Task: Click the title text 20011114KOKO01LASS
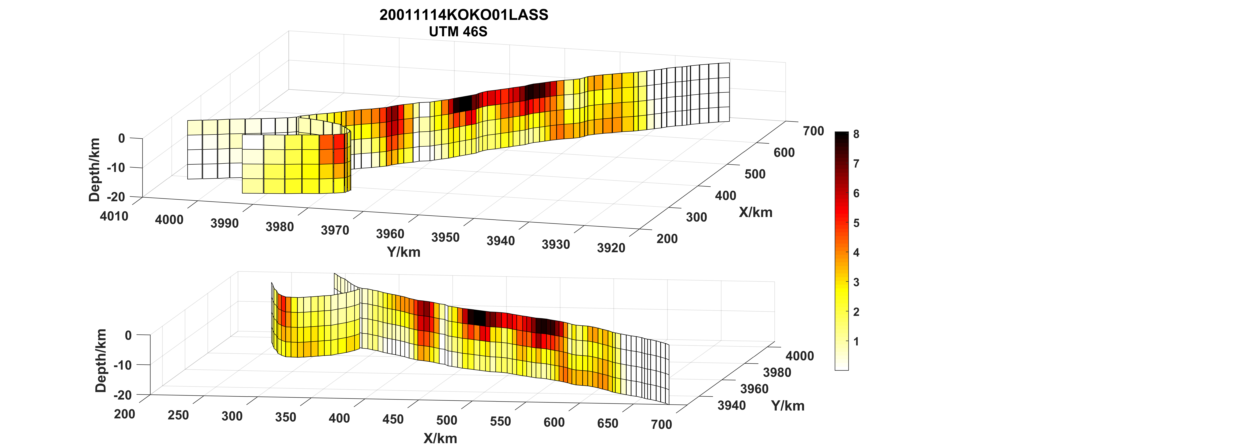click(464, 15)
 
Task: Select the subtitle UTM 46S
click(458, 32)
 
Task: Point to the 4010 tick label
click(114, 216)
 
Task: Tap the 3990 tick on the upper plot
click(224, 223)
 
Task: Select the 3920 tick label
click(611, 248)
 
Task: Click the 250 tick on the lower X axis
click(178, 415)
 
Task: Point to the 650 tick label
click(607, 423)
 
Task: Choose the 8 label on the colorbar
click(856, 134)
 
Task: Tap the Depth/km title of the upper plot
click(95, 169)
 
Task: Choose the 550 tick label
click(500, 421)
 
